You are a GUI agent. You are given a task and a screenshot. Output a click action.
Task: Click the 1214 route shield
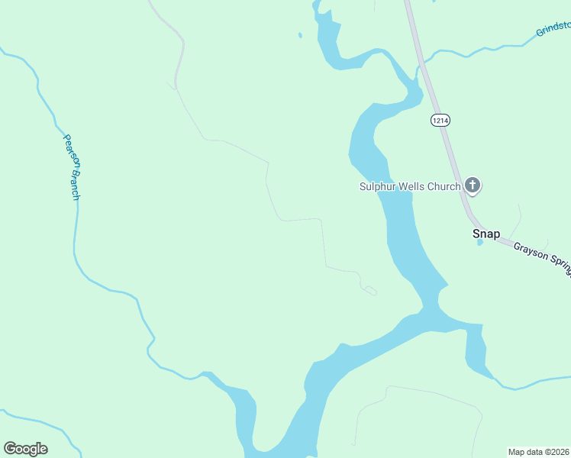[x=440, y=120]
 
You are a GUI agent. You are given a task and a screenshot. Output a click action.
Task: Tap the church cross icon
[x=473, y=185]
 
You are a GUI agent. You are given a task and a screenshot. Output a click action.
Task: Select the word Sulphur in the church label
[x=379, y=186]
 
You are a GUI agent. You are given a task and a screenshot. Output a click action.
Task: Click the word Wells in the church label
[x=416, y=186]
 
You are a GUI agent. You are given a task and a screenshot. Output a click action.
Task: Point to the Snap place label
[x=486, y=234]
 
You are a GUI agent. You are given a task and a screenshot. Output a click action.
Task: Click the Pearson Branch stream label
[x=72, y=166]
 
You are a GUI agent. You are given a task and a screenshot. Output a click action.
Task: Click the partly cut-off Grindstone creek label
[x=553, y=29]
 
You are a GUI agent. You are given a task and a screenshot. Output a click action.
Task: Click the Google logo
[x=25, y=449]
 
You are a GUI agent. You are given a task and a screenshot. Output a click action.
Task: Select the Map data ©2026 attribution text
[x=539, y=452]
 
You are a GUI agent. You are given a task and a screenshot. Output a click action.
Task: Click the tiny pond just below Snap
[x=479, y=243]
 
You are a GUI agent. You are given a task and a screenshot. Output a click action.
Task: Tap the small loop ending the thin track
[x=370, y=290]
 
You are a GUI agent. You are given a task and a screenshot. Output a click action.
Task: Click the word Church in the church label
[x=447, y=186]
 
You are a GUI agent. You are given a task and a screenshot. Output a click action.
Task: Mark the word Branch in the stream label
[x=74, y=183]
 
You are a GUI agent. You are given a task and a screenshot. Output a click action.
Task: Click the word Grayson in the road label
[x=530, y=253]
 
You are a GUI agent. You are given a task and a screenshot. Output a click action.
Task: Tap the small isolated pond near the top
[x=300, y=34]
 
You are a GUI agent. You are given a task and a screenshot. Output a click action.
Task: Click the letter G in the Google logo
[x=10, y=449]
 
